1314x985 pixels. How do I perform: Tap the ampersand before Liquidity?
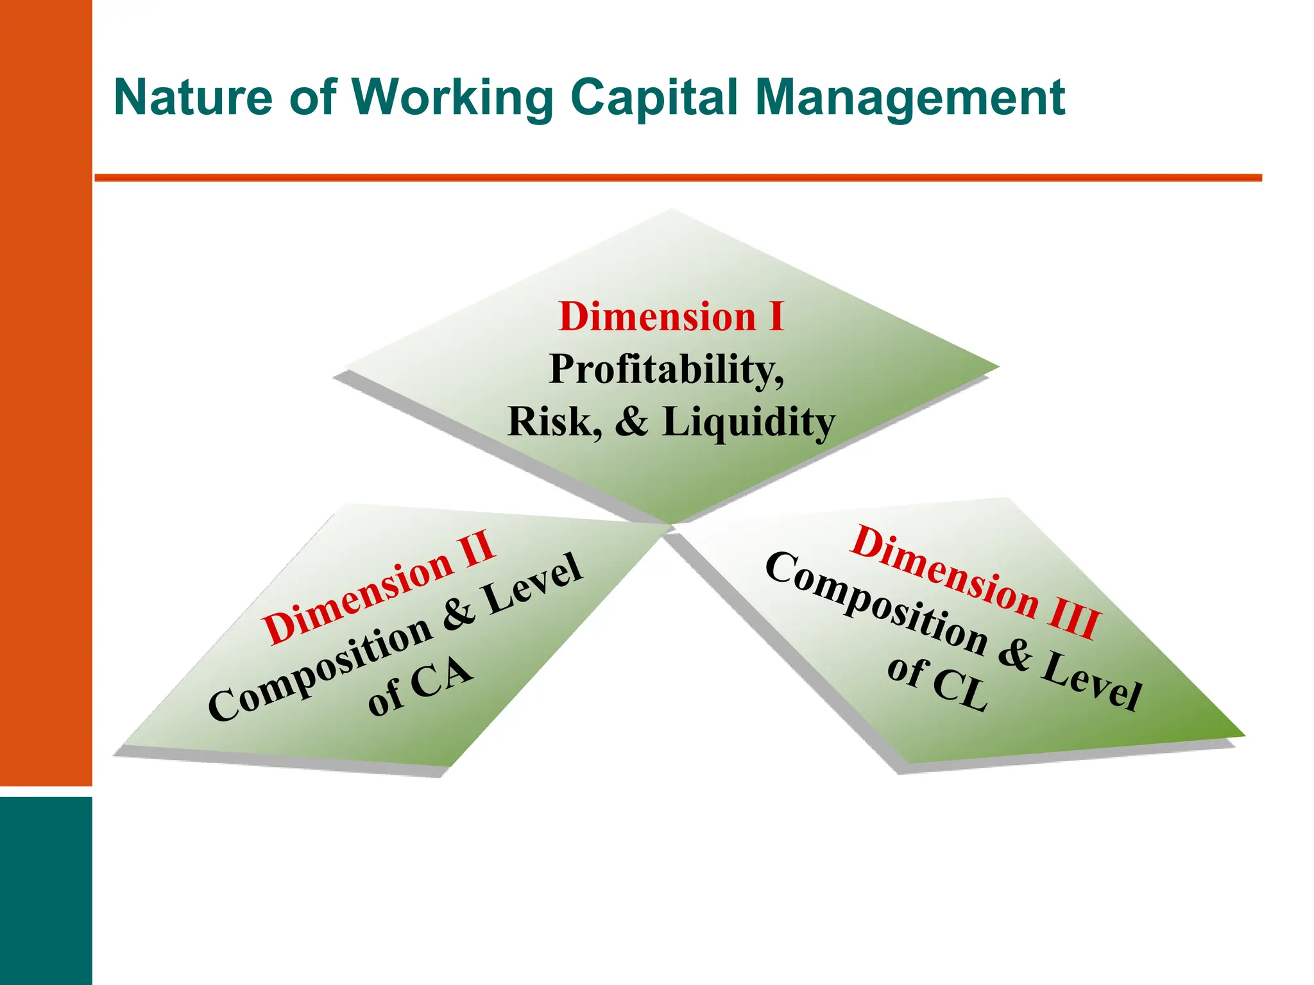(x=631, y=422)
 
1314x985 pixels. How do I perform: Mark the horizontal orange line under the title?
(x=678, y=178)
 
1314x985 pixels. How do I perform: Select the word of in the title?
(x=312, y=97)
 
